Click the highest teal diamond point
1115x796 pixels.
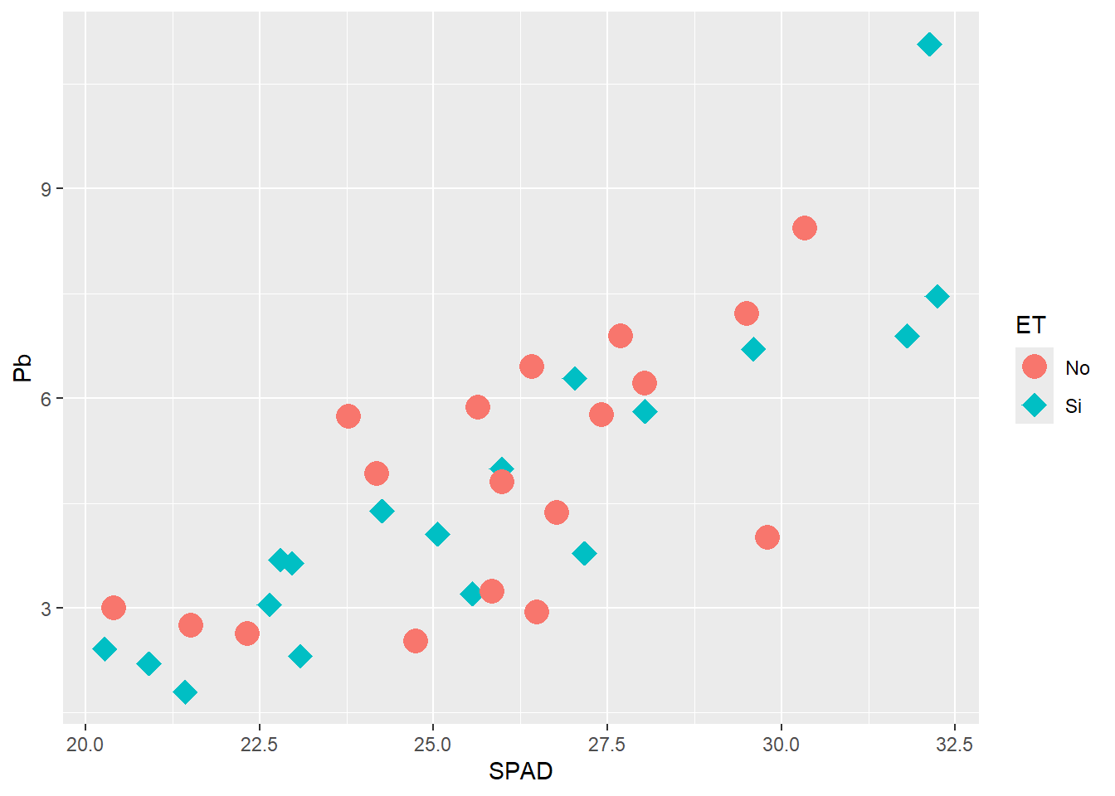(x=929, y=44)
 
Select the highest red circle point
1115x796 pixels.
(x=804, y=228)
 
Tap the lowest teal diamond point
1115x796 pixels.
(x=185, y=692)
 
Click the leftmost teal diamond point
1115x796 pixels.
(x=105, y=648)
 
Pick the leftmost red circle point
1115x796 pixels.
(x=114, y=608)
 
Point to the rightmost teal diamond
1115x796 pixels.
(x=937, y=296)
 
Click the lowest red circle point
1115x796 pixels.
(x=416, y=640)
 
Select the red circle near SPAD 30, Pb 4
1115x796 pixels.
(x=767, y=537)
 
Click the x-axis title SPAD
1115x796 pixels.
(x=520, y=771)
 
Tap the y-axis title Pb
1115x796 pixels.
(x=22, y=367)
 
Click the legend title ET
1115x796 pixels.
(x=1030, y=325)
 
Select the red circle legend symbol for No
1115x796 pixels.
(x=1034, y=366)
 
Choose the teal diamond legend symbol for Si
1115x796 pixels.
(x=1034, y=405)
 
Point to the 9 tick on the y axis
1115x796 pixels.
(x=46, y=189)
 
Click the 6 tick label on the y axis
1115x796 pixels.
(x=46, y=399)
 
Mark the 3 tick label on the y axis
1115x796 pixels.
(x=46, y=609)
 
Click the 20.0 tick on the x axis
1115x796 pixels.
(x=85, y=745)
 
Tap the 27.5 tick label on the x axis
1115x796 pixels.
(x=606, y=745)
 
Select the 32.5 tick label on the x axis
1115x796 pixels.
(x=954, y=745)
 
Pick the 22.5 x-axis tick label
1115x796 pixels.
(x=259, y=745)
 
